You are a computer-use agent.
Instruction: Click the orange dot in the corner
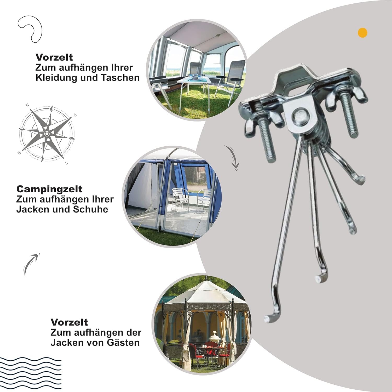[x=362, y=33]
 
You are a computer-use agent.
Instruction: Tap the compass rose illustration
[x=47, y=134]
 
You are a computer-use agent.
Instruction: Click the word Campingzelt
[x=49, y=189]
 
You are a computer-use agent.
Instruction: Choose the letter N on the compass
[x=27, y=105]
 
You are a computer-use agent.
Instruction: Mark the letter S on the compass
[x=67, y=163]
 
